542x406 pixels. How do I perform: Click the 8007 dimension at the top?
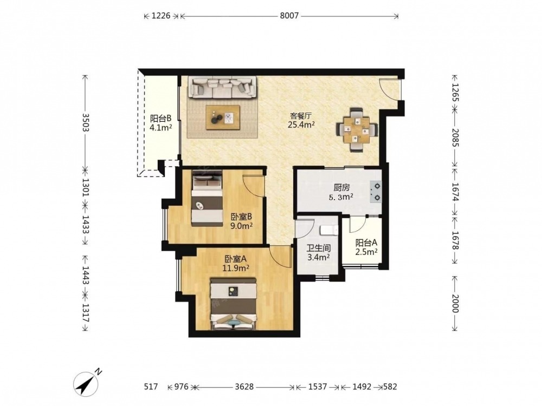point(289,16)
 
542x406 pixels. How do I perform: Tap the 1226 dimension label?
point(161,16)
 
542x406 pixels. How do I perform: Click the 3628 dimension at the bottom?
point(244,387)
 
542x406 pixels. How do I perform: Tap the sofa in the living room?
point(222,87)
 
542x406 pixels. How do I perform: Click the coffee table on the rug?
point(223,117)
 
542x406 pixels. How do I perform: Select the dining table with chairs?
point(357,130)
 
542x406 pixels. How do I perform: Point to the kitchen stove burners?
point(376,192)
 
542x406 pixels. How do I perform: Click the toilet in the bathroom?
point(329,230)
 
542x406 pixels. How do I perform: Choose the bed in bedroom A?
point(234,304)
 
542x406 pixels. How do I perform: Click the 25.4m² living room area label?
point(301,125)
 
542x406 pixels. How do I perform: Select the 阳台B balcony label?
point(161,119)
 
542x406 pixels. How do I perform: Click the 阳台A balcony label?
point(366,243)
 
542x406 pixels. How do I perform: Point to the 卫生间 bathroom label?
point(319,248)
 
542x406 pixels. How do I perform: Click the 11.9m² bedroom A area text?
point(236,267)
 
